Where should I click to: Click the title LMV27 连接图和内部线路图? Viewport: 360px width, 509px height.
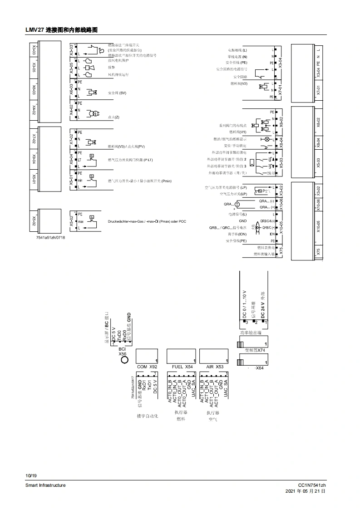(x=62, y=30)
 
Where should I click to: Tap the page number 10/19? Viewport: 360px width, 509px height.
(x=31, y=475)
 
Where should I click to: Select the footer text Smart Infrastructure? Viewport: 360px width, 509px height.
(x=45, y=485)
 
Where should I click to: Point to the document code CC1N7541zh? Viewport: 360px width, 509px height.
(x=312, y=485)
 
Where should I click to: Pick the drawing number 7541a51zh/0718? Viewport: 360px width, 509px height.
(x=50, y=238)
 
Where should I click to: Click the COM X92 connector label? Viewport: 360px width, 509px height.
(x=147, y=366)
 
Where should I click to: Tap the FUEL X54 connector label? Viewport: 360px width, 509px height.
(x=182, y=366)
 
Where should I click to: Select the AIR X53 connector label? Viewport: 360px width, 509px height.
(x=215, y=366)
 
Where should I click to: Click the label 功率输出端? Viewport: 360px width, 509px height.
(x=252, y=333)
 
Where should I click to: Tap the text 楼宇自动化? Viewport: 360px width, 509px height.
(x=148, y=416)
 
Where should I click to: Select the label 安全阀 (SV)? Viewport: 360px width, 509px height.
(x=117, y=93)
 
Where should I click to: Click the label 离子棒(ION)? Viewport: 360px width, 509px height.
(x=236, y=234)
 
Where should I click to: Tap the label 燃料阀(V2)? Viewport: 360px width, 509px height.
(x=238, y=84)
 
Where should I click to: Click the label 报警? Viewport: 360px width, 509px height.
(x=112, y=67)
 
